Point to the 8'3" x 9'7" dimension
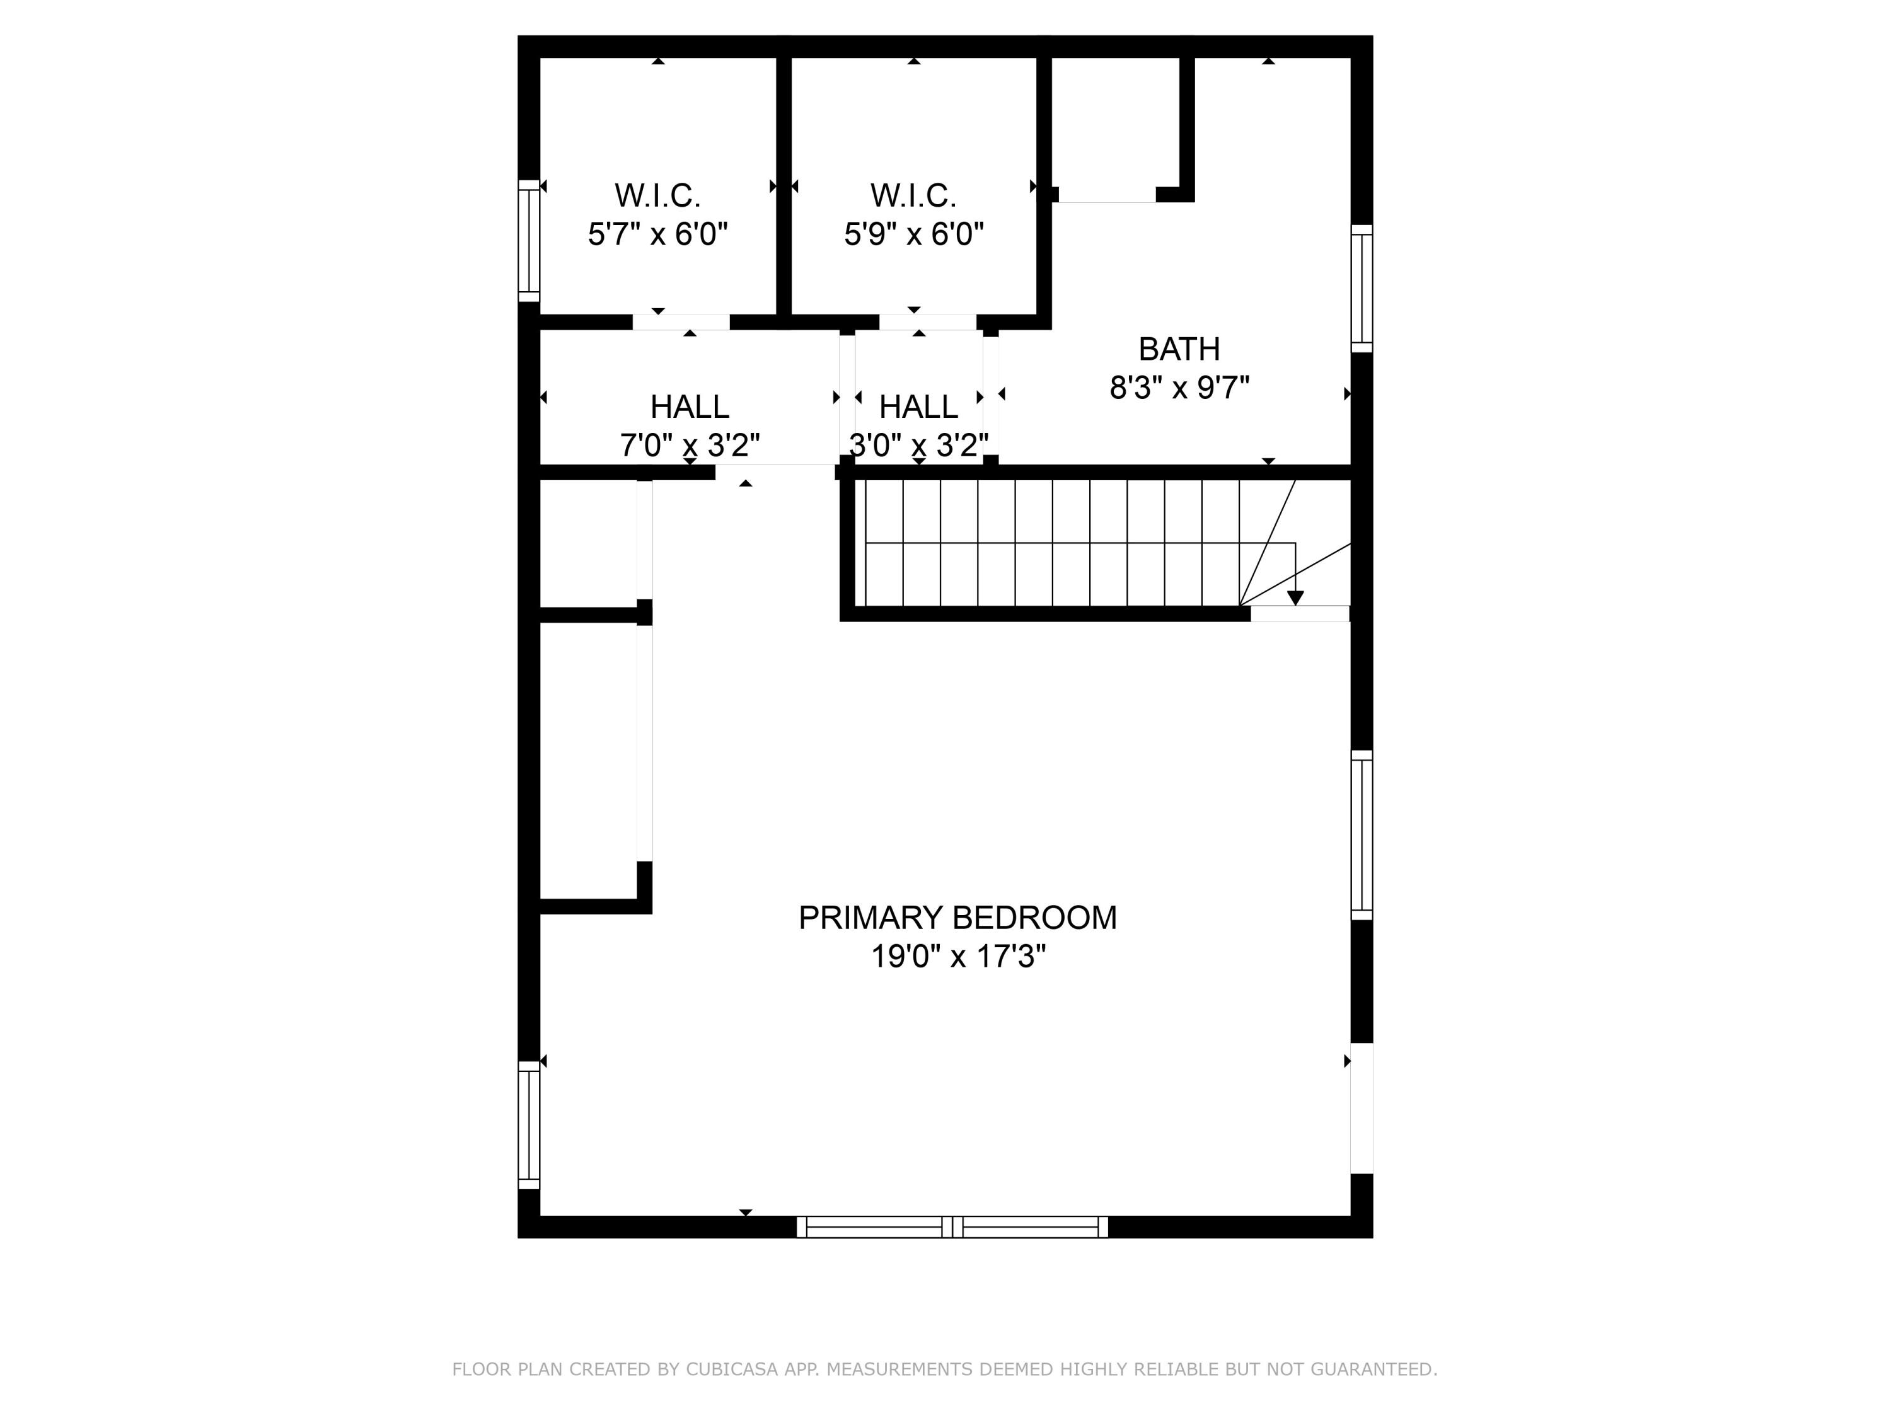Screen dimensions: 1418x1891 click(1179, 389)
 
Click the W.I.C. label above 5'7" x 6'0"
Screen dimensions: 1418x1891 click(657, 196)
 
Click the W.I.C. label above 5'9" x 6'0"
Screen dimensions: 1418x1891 click(913, 196)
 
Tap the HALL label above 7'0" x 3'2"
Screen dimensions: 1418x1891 click(689, 407)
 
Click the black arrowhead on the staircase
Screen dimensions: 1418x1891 click(1295, 598)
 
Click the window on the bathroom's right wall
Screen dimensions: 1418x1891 click(1362, 289)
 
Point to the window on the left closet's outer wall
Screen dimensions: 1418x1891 click(529, 240)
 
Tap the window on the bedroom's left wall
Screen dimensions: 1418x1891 click(529, 1125)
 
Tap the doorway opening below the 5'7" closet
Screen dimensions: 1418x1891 click(681, 322)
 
